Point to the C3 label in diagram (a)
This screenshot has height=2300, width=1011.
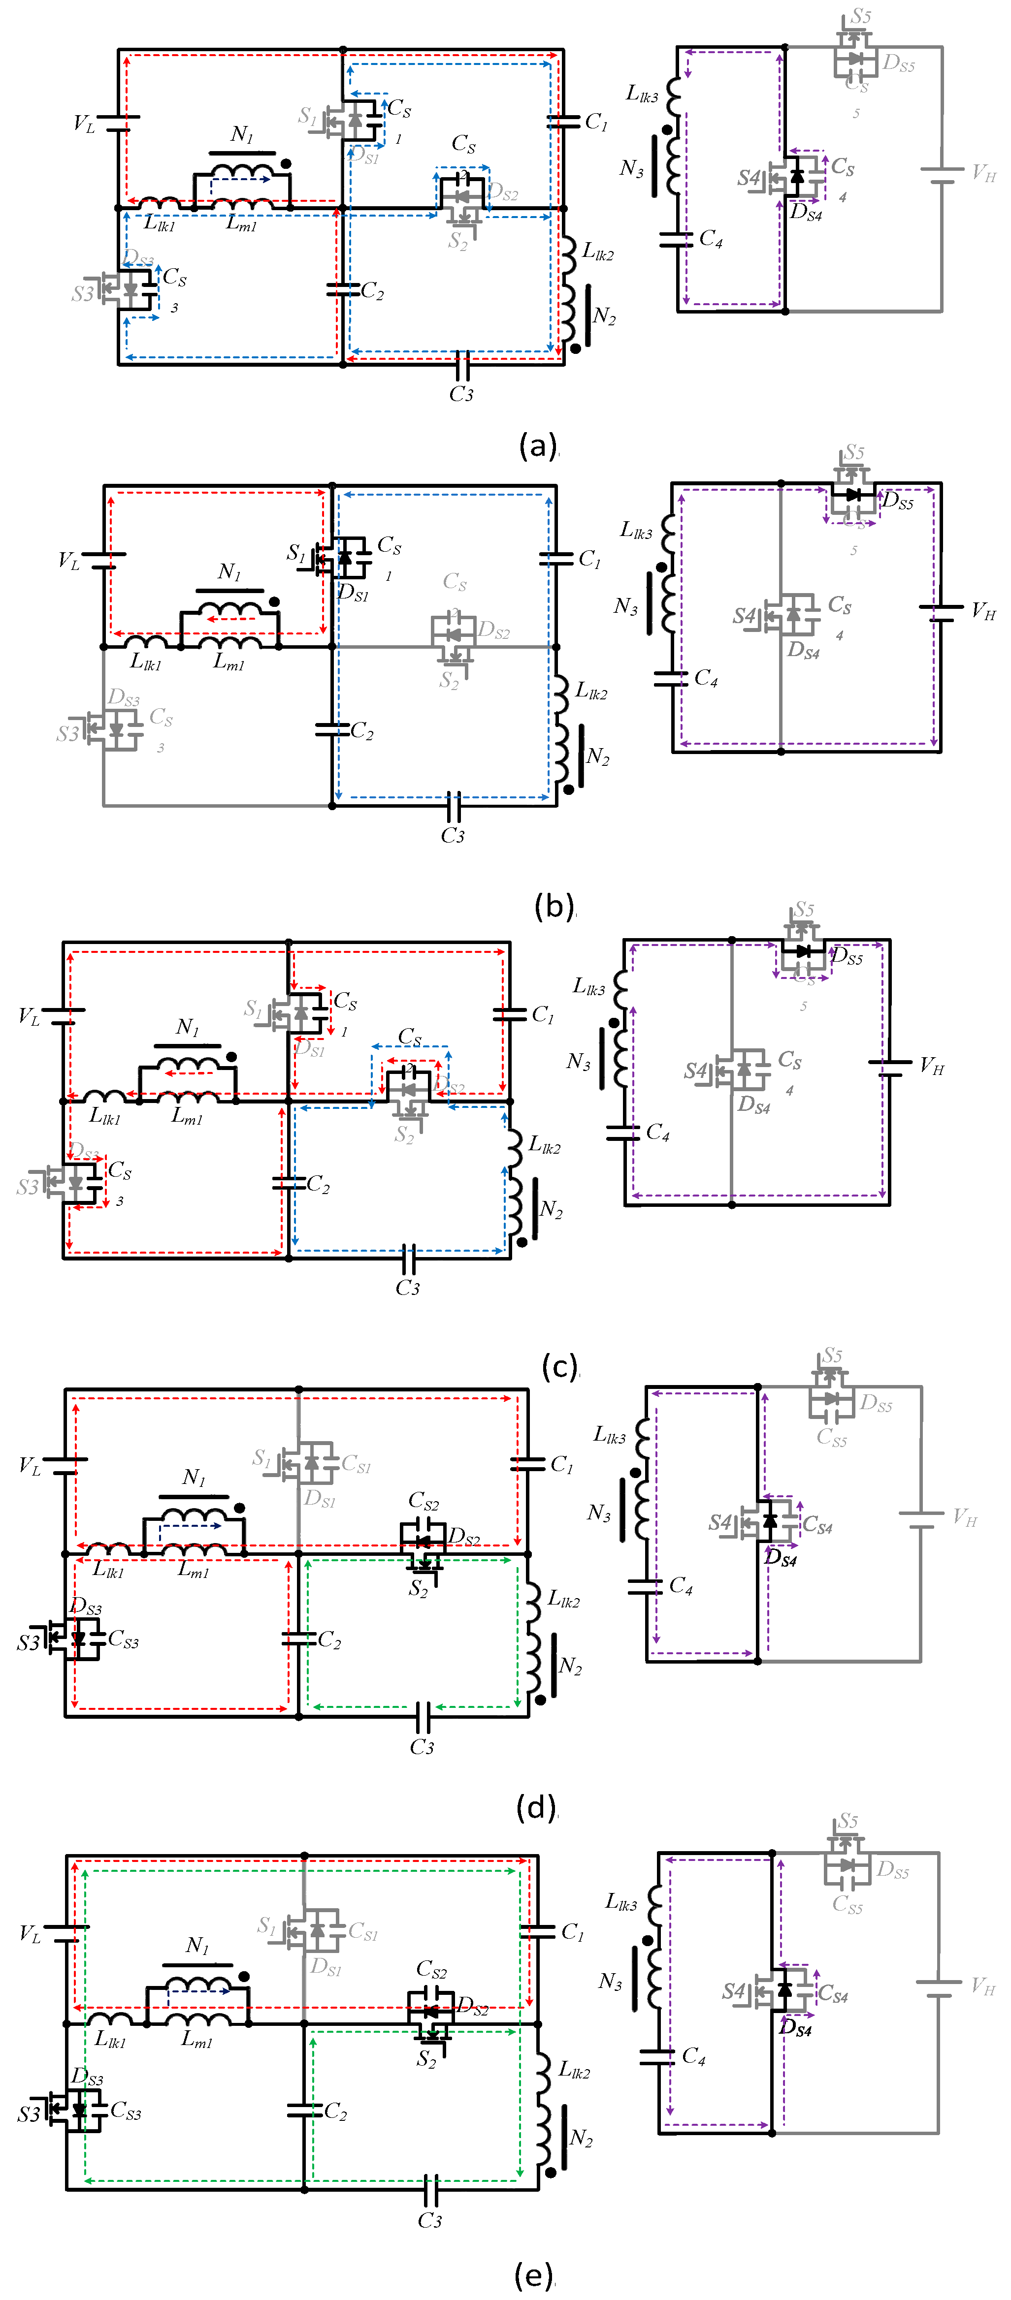pyautogui.click(x=461, y=394)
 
